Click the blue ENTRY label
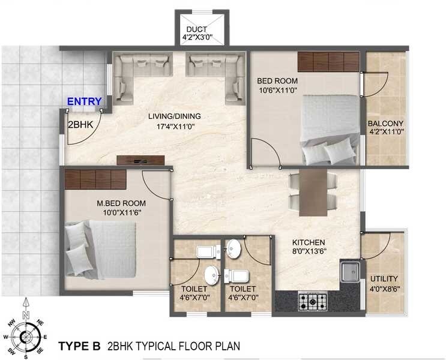(x=84, y=102)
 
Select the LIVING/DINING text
(x=175, y=116)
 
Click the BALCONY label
(x=385, y=125)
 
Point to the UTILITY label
(x=384, y=279)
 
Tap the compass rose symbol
(x=25, y=337)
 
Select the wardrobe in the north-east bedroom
(x=328, y=61)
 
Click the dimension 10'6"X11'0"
(x=277, y=90)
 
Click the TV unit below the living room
(x=140, y=160)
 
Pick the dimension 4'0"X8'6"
(x=384, y=289)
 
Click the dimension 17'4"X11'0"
(x=175, y=126)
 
